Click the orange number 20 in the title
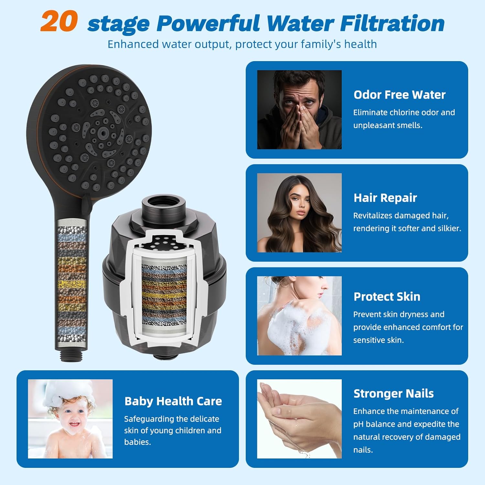(x=59, y=22)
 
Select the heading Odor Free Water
(x=399, y=95)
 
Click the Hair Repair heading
(x=385, y=198)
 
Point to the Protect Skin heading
(x=387, y=296)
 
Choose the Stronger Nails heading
(x=393, y=393)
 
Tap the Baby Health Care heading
(x=173, y=401)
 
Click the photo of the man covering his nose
(x=299, y=110)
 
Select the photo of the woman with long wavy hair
(x=299, y=213)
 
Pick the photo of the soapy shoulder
(x=299, y=316)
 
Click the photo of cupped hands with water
(x=299, y=419)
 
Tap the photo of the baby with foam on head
(x=70, y=419)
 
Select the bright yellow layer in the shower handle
(x=71, y=284)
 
